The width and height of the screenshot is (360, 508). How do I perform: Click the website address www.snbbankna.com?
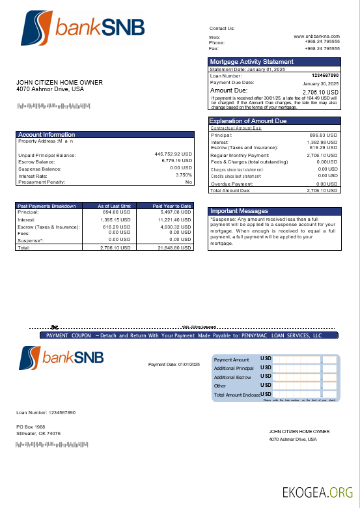tap(316, 36)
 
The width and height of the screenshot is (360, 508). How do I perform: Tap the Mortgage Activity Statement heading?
tap(252, 62)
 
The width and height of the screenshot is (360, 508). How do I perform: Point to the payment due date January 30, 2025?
tap(320, 84)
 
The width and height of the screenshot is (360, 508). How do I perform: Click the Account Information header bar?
tap(47, 135)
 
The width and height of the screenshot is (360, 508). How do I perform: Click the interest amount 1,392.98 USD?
tap(322, 142)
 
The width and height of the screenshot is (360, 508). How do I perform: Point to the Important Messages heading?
tap(238, 211)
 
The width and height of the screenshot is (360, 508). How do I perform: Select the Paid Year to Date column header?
tap(172, 206)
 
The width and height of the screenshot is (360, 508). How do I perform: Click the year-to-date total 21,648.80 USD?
tap(174, 248)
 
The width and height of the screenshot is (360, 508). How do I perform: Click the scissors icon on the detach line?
tap(55, 327)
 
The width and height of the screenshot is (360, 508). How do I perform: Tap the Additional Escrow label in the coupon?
tap(232, 377)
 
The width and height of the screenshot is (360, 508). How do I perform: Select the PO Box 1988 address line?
tap(30, 427)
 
